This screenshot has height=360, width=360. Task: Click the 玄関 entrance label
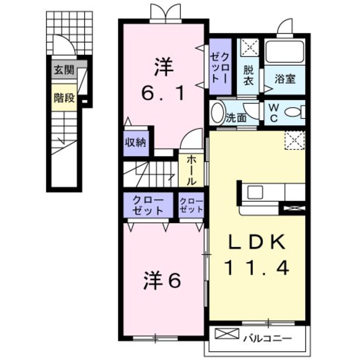click(64, 71)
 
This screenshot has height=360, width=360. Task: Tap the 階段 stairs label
click(64, 98)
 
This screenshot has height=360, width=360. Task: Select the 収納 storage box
click(135, 143)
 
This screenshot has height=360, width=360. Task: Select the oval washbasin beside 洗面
click(217, 113)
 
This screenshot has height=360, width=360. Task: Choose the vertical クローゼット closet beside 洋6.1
click(220, 68)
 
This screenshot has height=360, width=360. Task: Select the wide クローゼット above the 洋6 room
click(148, 205)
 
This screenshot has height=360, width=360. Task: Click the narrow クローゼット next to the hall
click(191, 206)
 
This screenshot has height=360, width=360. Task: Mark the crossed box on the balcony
click(226, 334)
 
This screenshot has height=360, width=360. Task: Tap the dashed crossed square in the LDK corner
click(295, 140)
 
